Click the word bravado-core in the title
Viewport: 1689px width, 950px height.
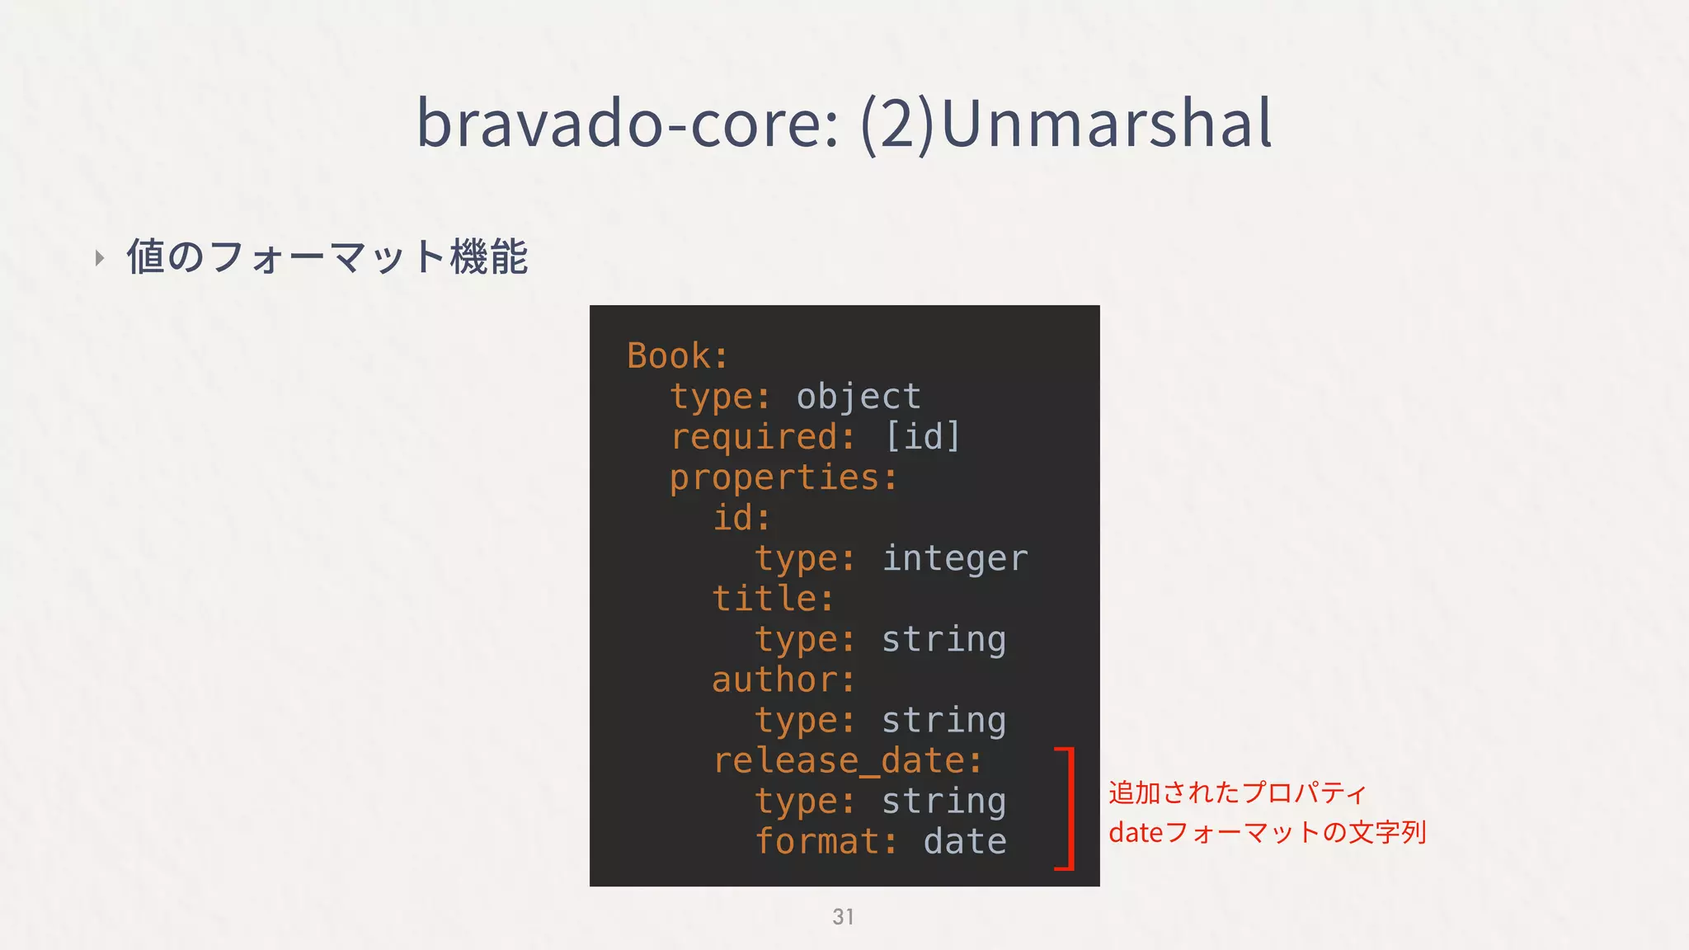coord(627,124)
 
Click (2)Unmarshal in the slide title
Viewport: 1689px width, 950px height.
coord(1066,124)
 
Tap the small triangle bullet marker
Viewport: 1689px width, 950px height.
coord(100,258)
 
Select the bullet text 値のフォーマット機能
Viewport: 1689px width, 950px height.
coord(327,256)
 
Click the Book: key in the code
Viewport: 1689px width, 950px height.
coord(677,356)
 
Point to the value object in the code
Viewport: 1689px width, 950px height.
coord(858,397)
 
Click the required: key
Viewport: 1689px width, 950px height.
coord(762,437)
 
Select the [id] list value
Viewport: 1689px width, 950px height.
coord(922,436)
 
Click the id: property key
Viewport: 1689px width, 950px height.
coord(741,519)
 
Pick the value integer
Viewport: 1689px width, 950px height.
coord(954,559)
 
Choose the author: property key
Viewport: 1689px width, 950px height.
coord(783,680)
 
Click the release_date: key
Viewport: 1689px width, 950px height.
coord(847,761)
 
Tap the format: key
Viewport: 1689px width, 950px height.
coord(826,842)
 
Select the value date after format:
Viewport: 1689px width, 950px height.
coord(964,842)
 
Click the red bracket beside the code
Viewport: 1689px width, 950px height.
coord(1069,808)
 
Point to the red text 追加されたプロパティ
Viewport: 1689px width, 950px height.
coord(1237,792)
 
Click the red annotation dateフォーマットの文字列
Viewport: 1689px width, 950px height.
coord(1267,832)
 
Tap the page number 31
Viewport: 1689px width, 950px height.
coord(843,917)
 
